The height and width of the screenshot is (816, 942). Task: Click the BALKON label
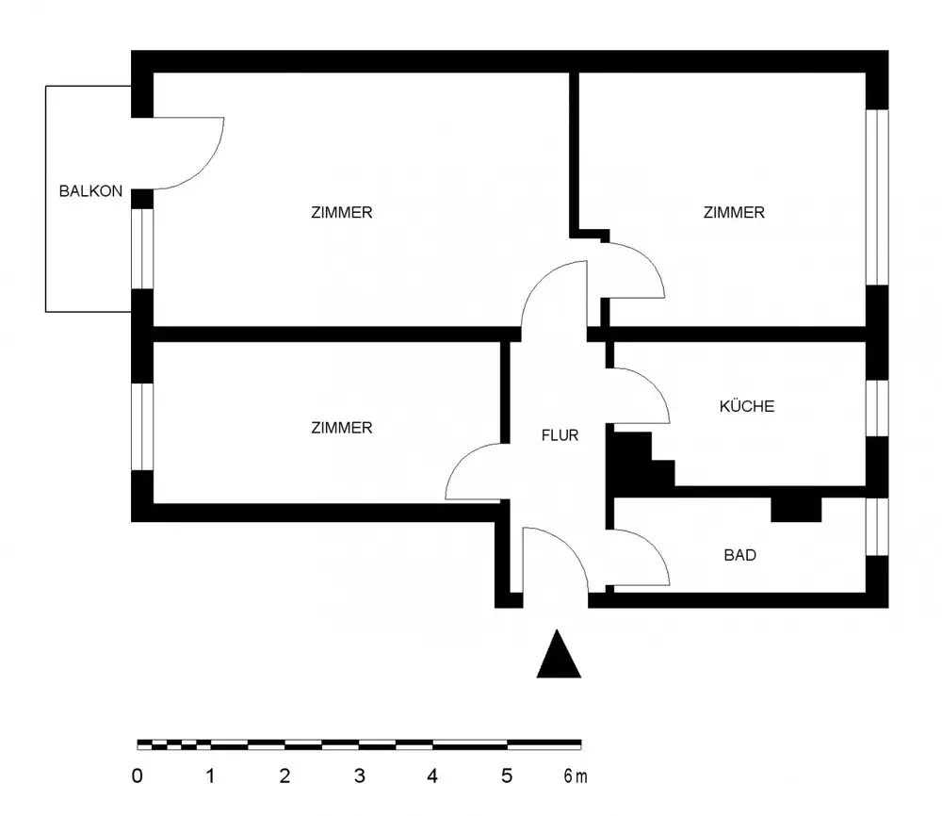(x=90, y=190)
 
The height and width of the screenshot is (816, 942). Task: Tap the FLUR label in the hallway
(x=560, y=435)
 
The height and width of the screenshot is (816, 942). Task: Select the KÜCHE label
(x=747, y=406)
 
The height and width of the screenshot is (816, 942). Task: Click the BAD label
(x=739, y=555)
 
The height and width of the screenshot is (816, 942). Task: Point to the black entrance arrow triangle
(x=559, y=655)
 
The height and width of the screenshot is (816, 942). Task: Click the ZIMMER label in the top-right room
(x=734, y=212)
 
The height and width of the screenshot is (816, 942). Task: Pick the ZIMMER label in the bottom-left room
(x=341, y=428)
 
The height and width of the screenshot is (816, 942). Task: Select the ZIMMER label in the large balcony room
(x=341, y=212)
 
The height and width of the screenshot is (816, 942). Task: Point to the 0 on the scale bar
(x=138, y=777)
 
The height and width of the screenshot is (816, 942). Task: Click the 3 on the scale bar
(x=359, y=777)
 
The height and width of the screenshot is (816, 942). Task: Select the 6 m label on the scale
(x=575, y=777)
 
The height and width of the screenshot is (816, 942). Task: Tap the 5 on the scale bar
(x=507, y=777)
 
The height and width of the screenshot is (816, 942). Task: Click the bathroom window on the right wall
(x=877, y=526)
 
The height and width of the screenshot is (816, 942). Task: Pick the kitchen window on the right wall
(x=877, y=408)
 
